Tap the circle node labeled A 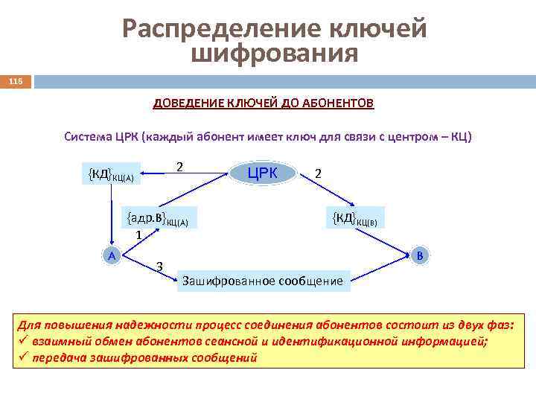pos(111,255)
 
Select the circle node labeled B pos(419,255)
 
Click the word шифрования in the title pos(275,54)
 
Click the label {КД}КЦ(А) pos(112,175)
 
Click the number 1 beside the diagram pos(138,235)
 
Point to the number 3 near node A pos(160,267)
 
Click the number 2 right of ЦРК pos(319,173)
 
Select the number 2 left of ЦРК pos(179,166)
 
